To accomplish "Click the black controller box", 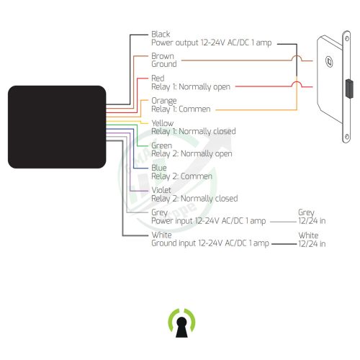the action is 57,127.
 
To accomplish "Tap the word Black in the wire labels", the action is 161,34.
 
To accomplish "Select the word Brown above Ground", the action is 163,56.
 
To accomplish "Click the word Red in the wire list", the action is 158,78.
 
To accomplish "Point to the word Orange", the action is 164,101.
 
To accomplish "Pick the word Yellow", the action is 163,123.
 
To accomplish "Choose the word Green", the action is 161,145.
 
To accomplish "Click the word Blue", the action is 159,168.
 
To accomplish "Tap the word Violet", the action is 161,190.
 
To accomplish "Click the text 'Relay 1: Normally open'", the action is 191,87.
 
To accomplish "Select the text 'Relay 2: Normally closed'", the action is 194,199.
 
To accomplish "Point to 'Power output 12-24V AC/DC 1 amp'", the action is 212,42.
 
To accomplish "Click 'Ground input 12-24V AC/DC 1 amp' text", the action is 210,243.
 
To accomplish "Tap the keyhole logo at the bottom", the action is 181,323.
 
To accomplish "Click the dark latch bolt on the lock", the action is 349,89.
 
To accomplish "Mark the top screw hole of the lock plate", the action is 347,38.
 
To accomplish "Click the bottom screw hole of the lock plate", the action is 347,137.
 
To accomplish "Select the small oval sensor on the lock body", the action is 329,62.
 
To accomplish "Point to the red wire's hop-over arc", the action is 297,83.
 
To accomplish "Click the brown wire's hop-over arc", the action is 297,56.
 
